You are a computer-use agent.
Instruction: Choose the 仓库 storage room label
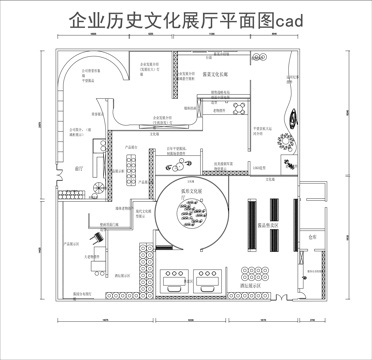point(312,237)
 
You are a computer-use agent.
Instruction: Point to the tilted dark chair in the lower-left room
point(97,237)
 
